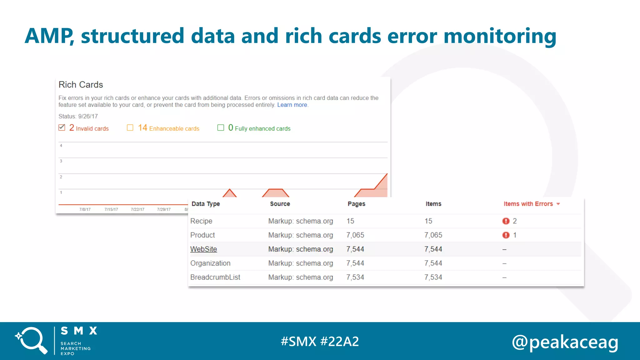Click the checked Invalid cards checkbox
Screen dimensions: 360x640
pyautogui.click(x=62, y=127)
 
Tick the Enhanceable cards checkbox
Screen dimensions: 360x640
pyautogui.click(x=130, y=127)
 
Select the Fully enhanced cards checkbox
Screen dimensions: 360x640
pyautogui.click(x=221, y=127)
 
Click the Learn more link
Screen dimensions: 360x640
pyautogui.click(x=292, y=105)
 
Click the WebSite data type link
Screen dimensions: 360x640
pyautogui.click(x=203, y=249)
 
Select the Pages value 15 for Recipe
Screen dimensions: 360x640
pyautogui.click(x=350, y=221)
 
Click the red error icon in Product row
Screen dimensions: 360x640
pyautogui.click(x=506, y=235)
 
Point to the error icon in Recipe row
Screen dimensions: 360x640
pyautogui.click(x=506, y=221)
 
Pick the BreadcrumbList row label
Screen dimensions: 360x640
pyautogui.click(x=215, y=277)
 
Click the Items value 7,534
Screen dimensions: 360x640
pyautogui.click(x=433, y=277)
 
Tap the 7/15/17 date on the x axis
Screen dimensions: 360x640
pyautogui.click(x=111, y=209)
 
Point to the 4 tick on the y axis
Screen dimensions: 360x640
pyautogui.click(x=61, y=146)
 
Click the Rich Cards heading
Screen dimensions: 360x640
pyautogui.click(x=81, y=85)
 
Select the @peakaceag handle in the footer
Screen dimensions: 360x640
pyautogui.click(x=565, y=342)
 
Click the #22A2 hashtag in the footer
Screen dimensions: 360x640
pyautogui.click(x=340, y=341)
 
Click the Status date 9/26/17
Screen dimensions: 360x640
pyautogui.click(x=88, y=116)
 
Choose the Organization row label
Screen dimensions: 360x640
pyautogui.click(x=210, y=263)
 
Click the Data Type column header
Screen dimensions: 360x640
pyautogui.click(x=206, y=204)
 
